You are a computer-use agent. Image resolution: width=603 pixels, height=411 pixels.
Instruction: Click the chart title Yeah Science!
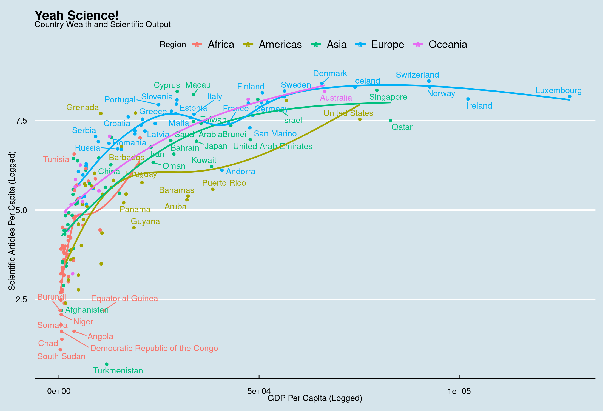[77, 16]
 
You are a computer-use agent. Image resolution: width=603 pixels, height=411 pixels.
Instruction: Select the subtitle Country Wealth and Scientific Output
[103, 25]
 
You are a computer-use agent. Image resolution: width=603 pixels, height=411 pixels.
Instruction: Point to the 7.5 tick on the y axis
[21, 121]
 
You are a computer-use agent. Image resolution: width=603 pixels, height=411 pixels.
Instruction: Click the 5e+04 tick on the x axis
[258, 391]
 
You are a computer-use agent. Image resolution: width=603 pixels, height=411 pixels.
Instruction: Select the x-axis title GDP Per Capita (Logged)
[315, 398]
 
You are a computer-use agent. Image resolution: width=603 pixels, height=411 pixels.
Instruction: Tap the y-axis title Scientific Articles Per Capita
[12, 221]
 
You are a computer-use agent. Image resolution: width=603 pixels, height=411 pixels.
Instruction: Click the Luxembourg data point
[570, 96]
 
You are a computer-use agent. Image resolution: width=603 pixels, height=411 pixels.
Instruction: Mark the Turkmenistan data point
[107, 364]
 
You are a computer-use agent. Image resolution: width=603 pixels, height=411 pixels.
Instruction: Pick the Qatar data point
[391, 121]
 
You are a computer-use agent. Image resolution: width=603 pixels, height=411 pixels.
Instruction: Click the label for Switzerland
[417, 75]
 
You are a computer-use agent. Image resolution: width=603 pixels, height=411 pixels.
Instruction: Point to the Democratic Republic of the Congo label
[154, 348]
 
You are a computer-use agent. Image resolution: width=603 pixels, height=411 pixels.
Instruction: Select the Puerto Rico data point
[213, 189]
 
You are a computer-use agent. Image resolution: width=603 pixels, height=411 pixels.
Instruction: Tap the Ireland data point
[468, 99]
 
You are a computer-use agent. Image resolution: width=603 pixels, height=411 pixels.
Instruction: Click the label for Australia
[336, 98]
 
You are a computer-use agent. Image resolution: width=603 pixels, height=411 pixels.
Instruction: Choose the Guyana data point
[134, 227]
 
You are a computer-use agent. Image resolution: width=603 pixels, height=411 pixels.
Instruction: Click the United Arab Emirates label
[272, 146]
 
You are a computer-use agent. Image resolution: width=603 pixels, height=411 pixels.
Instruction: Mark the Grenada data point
[101, 113]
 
